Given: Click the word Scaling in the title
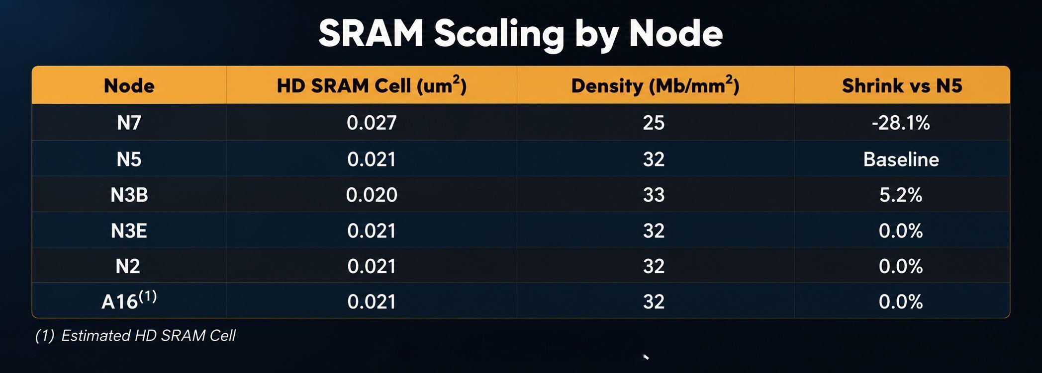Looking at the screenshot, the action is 499,34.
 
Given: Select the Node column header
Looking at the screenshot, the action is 129,86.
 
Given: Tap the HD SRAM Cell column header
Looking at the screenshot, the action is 372,85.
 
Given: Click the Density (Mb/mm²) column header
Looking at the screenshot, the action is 655,85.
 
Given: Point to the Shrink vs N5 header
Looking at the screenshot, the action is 902,86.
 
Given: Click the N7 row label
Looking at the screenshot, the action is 129,123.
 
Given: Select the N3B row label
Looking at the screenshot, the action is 129,195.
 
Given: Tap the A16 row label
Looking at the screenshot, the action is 129,300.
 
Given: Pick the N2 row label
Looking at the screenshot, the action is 128,266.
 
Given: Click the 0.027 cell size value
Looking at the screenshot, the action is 372,123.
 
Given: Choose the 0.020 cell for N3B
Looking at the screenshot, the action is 372,195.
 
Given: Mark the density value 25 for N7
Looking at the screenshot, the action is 654,123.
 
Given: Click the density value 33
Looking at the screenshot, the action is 654,195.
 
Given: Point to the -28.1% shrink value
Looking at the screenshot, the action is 901,123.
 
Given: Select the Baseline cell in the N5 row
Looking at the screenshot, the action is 901,159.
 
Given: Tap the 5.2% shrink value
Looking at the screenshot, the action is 901,195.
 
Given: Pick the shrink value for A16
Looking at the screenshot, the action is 901,302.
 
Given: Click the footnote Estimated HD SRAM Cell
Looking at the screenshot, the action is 148,336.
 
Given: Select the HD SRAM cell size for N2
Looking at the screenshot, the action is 372,266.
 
